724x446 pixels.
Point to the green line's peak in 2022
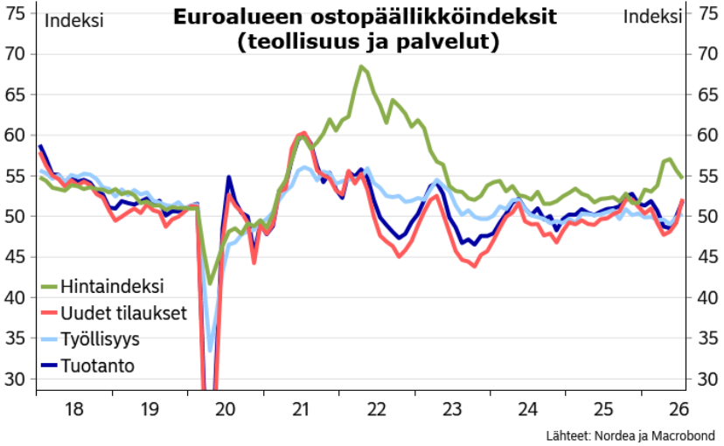pos(361,66)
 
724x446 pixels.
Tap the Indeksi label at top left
pos(73,21)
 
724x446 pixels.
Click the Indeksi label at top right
pos(652,17)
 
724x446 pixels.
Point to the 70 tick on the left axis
pos(15,54)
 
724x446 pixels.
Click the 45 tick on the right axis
pos(708,257)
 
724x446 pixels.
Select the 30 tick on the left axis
pos(15,380)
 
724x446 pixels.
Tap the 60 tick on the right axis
pos(708,136)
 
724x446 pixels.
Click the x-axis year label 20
pos(226,409)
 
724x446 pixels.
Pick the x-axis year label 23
pos(452,409)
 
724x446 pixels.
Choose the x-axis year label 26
pos(679,409)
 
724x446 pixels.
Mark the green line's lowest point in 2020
pos(210,283)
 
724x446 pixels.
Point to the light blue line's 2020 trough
pos(210,351)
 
